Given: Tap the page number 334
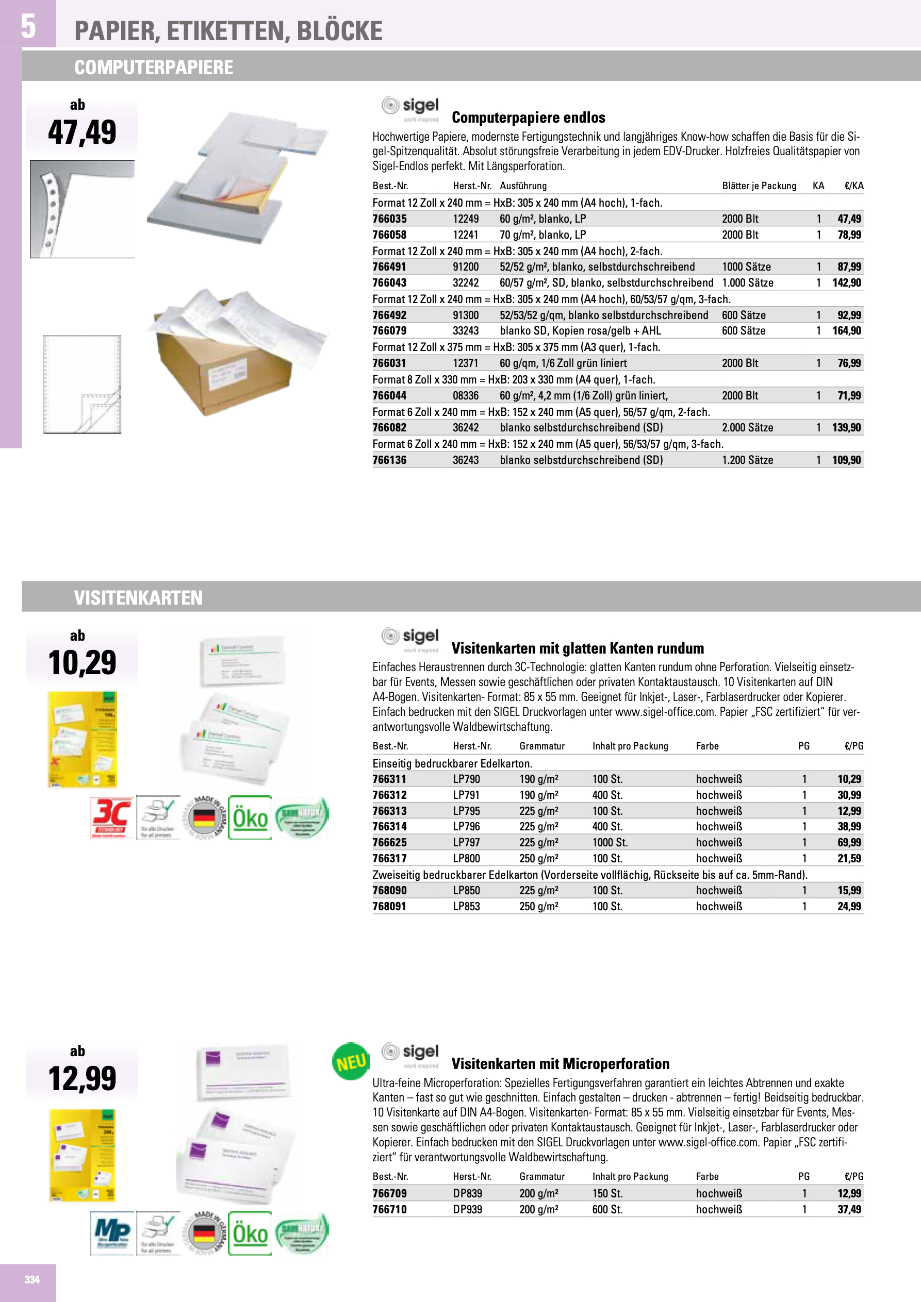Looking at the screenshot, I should click(32, 1279).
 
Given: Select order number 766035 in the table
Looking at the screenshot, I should click(389, 219).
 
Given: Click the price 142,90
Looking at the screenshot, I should click(847, 283).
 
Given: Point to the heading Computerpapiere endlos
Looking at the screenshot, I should click(529, 118).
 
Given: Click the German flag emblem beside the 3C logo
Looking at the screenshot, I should click(204, 817).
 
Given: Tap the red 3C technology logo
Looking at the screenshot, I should click(111, 817).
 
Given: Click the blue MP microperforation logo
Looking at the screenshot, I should click(112, 1233).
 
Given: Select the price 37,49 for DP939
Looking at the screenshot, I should click(849, 1210).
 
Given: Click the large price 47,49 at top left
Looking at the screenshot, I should click(83, 132).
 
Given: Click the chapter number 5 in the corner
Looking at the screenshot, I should click(28, 26).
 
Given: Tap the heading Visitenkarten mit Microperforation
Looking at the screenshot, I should click(560, 1064).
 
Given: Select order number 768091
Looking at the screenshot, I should click(389, 907).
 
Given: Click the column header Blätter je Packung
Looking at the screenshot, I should click(759, 186).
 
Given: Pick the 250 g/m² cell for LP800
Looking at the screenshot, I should click(538, 859).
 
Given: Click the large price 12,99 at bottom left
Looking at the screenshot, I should click(83, 1079).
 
